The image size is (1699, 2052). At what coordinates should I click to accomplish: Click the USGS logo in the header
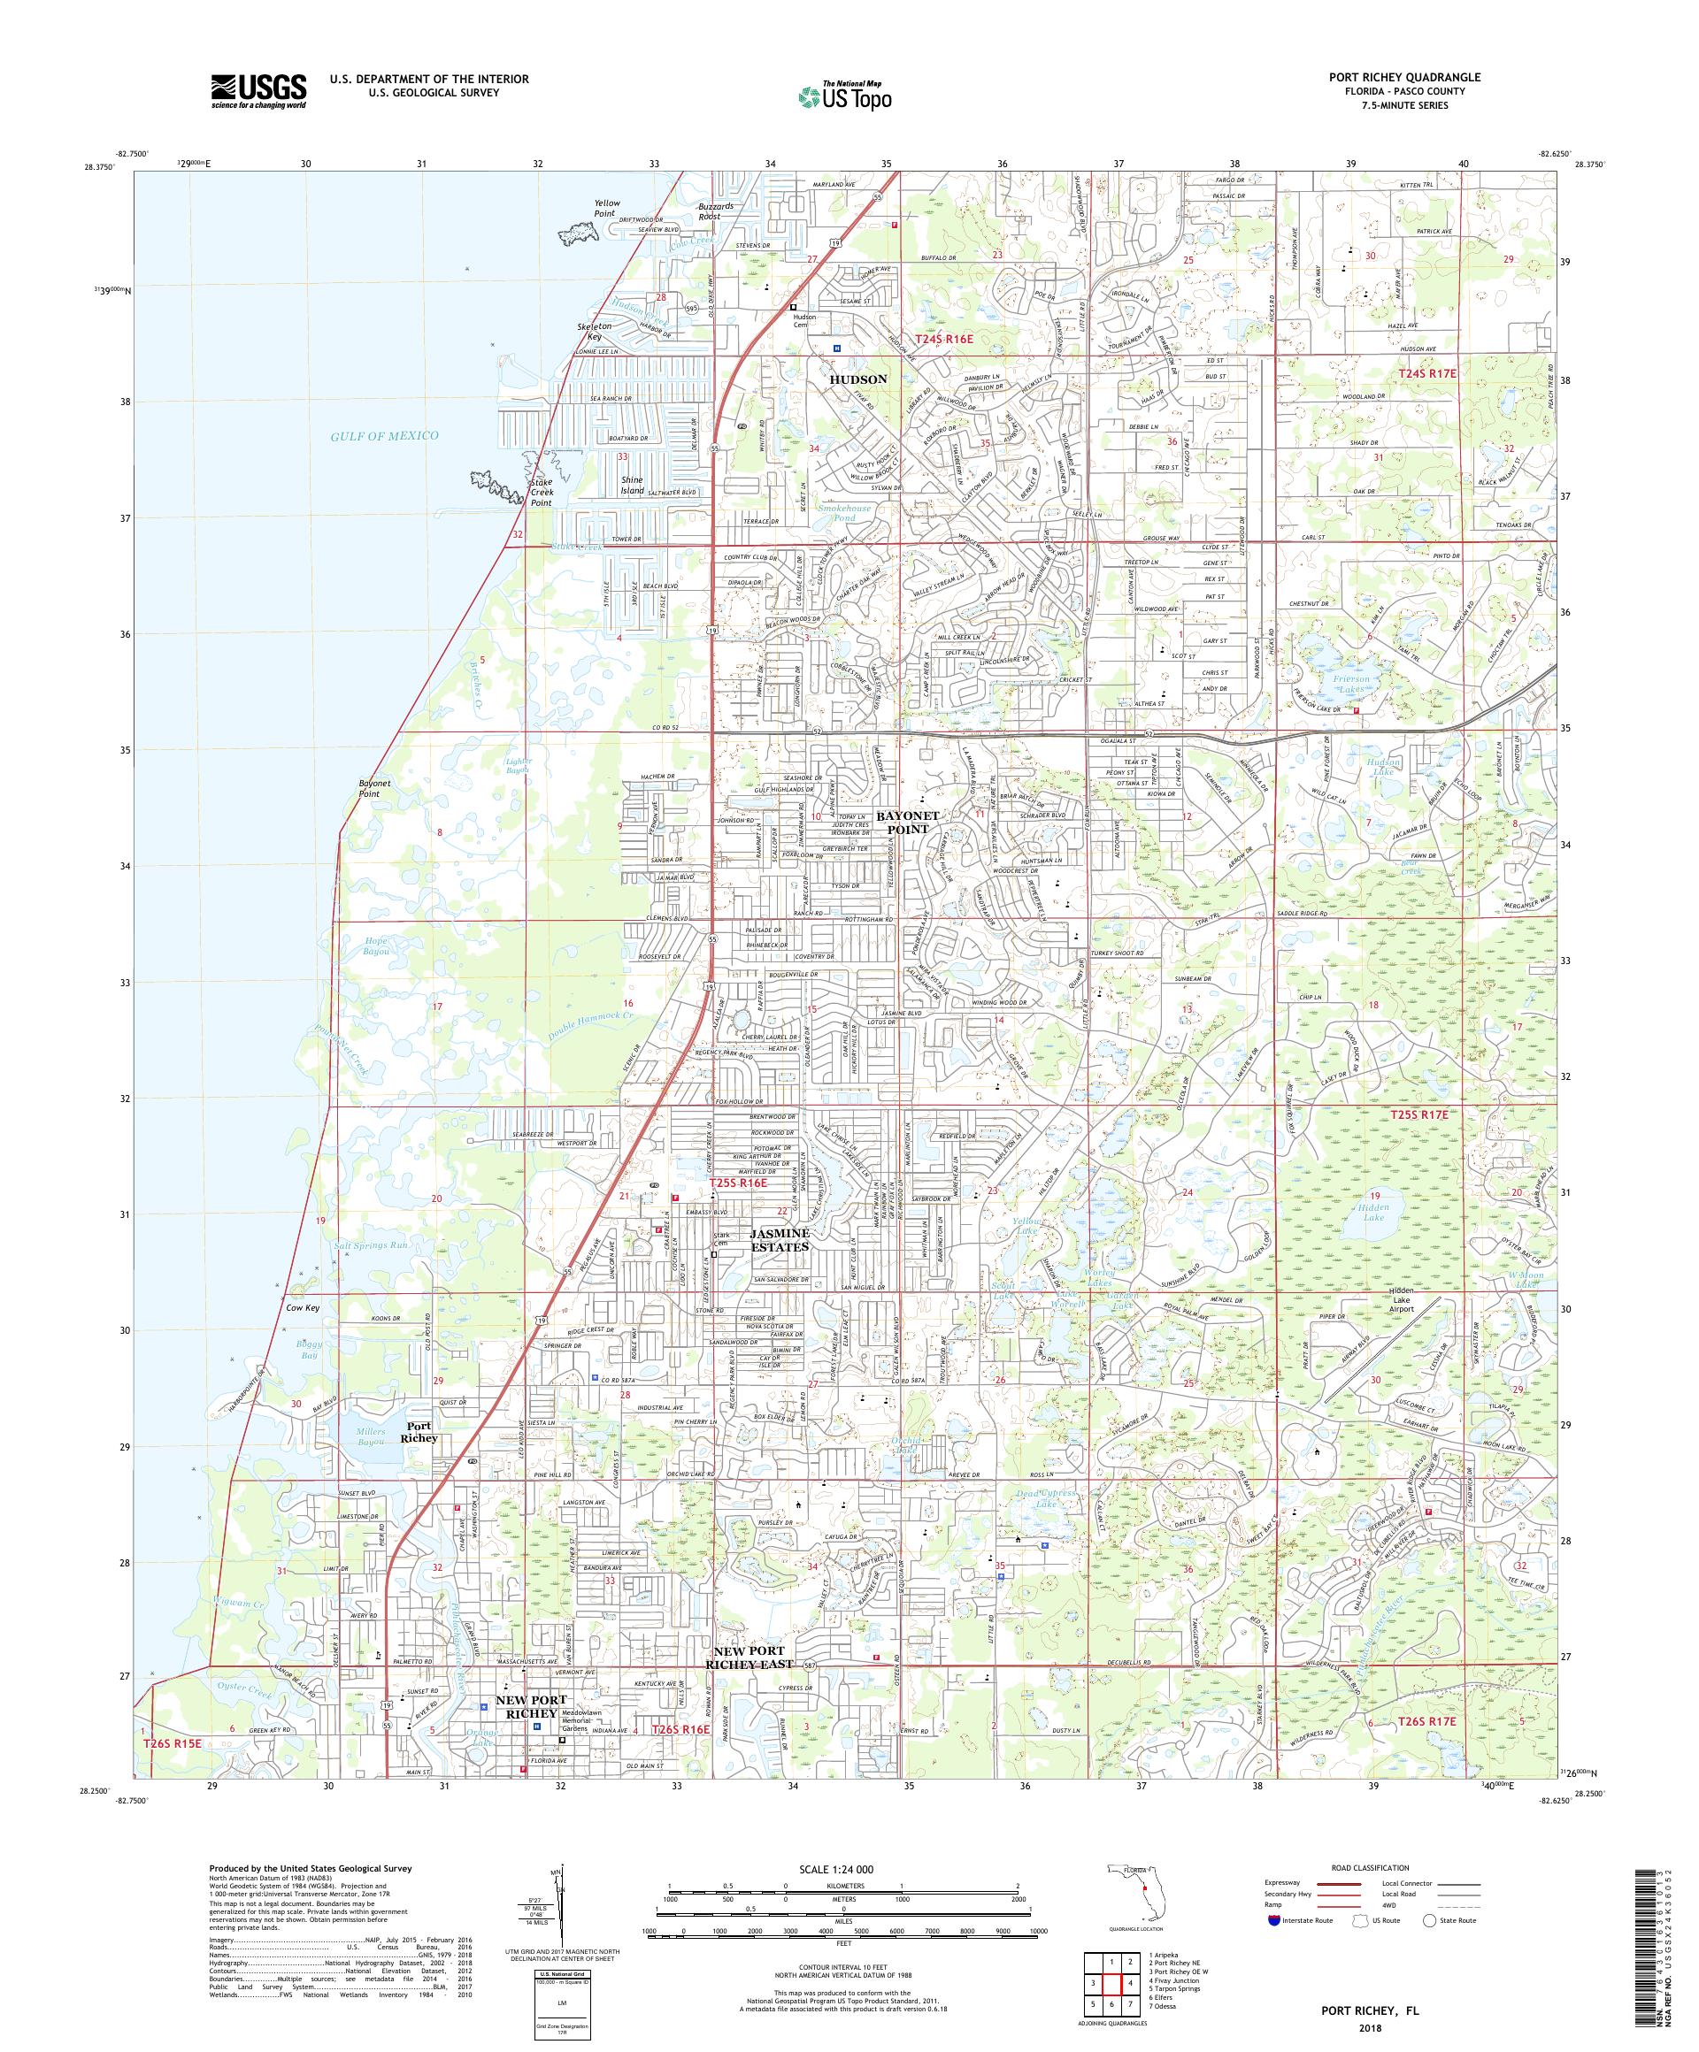click(258, 91)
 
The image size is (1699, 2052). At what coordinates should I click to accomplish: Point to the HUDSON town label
click(857, 379)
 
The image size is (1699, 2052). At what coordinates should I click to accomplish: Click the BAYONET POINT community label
click(906, 822)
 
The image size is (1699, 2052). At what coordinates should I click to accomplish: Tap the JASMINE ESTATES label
click(779, 1241)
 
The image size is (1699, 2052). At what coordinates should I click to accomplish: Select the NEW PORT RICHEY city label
click(531, 1707)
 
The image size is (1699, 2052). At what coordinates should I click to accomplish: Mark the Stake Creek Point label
click(541, 493)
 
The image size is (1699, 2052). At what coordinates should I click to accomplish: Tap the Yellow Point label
click(606, 208)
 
